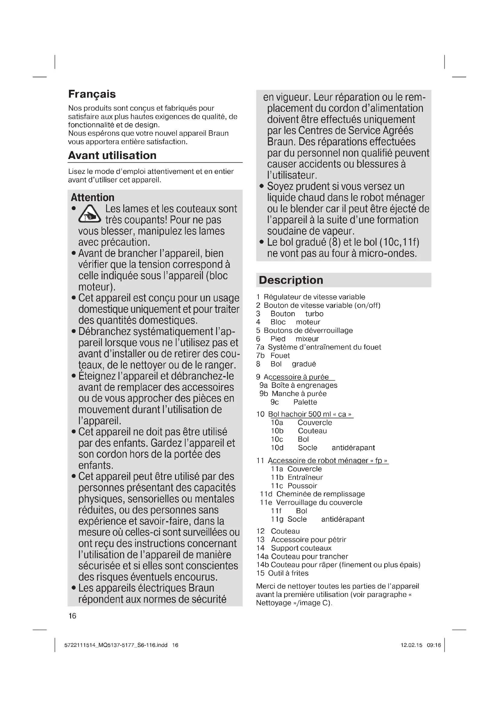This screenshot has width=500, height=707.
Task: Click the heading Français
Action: pyautogui.click(x=92, y=94)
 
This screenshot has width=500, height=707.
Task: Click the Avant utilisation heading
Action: pyautogui.click(x=112, y=155)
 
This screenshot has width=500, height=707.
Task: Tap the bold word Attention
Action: pyautogui.click(x=93, y=197)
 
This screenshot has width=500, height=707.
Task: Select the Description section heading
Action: pyautogui.click(x=291, y=280)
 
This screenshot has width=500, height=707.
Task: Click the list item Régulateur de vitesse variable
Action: pyautogui.click(x=314, y=297)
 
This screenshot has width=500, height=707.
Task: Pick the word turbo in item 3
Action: pyautogui.click(x=314, y=314)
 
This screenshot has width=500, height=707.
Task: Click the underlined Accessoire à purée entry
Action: pyautogui.click(x=296, y=377)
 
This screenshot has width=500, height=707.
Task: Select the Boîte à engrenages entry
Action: pyautogui.click(x=304, y=385)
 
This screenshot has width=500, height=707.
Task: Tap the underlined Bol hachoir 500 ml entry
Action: pyautogui.click(x=310, y=414)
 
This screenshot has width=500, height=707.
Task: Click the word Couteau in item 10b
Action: pyautogui.click(x=312, y=431)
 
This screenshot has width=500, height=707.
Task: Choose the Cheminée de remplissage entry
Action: pyautogui.click(x=320, y=494)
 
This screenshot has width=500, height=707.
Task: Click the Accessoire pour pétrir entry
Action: pyautogui.click(x=309, y=540)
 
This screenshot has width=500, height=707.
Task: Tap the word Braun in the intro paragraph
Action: pyautogui.click(x=218, y=133)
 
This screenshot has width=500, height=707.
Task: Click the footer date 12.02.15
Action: pyautogui.click(x=411, y=645)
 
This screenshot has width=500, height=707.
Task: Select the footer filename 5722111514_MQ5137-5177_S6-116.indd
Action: pyautogui.click(x=116, y=645)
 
